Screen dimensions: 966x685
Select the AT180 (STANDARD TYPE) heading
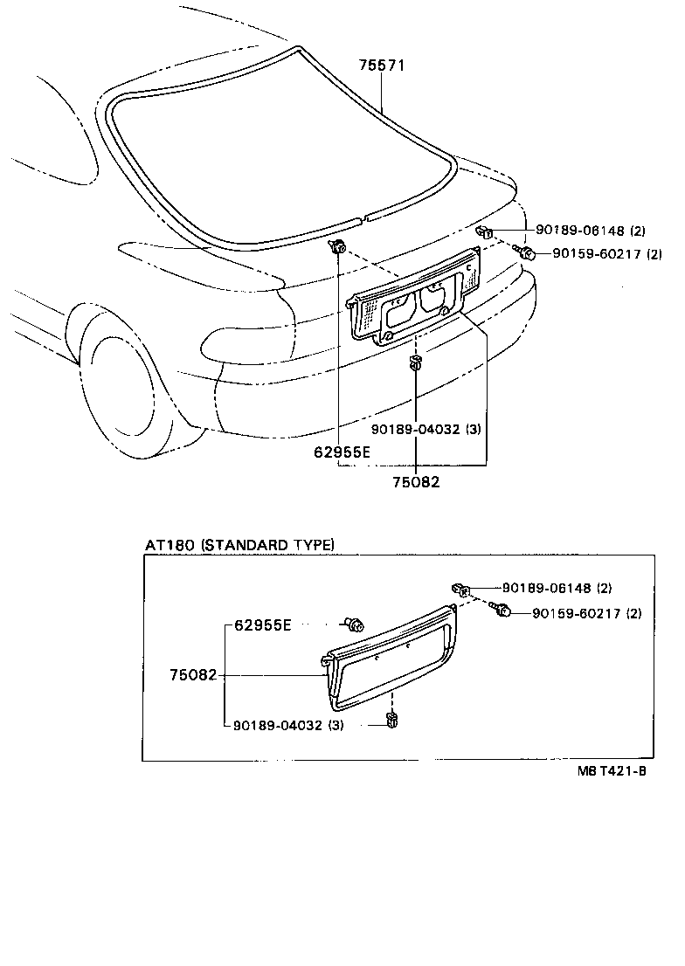239,544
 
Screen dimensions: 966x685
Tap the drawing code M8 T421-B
611,771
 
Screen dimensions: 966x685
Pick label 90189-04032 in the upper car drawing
426,429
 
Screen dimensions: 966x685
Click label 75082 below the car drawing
415,481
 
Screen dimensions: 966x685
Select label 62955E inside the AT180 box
263,625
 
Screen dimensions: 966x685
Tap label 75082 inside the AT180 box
194,675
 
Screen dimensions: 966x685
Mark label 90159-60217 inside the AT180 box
586,614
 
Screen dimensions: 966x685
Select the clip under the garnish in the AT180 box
391,721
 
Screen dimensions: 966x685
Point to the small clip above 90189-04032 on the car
416,362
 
